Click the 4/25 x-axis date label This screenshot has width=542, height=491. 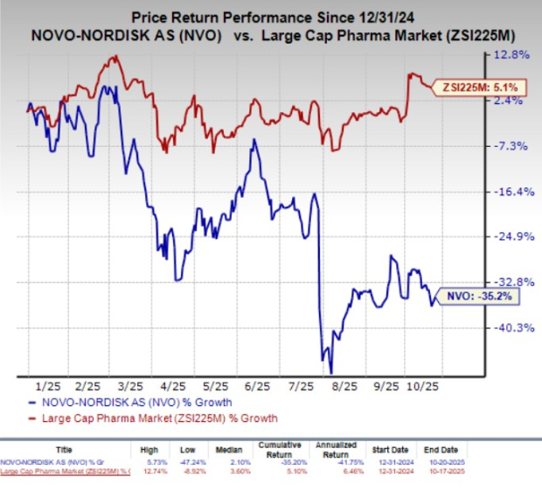172,385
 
